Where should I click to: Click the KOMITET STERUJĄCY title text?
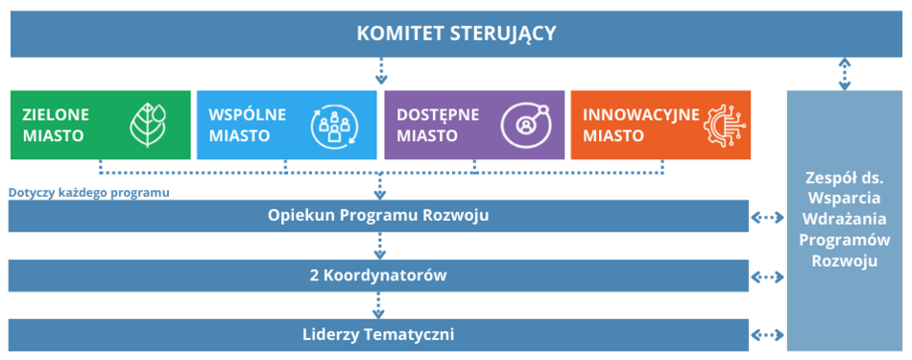tap(456, 34)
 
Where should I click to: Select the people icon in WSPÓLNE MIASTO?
tap(332, 125)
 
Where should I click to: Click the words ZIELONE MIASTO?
tap(54, 125)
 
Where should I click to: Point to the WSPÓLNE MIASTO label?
tap(247, 125)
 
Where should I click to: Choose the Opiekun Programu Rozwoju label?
tap(378, 215)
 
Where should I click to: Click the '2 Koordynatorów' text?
tap(378, 276)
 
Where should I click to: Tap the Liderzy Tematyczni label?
tap(378, 335)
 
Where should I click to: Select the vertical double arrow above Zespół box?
tap(845, 73)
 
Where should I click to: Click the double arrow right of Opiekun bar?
tap(767, 217)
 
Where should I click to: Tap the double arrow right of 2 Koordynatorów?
tap(767, 276)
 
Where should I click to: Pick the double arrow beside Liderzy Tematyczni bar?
tap(767, 335)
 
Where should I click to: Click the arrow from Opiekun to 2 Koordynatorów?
tap(380, 246)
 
